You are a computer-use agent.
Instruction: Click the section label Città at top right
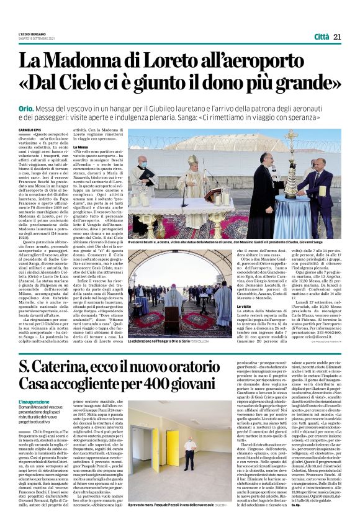(x=321, y=20)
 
